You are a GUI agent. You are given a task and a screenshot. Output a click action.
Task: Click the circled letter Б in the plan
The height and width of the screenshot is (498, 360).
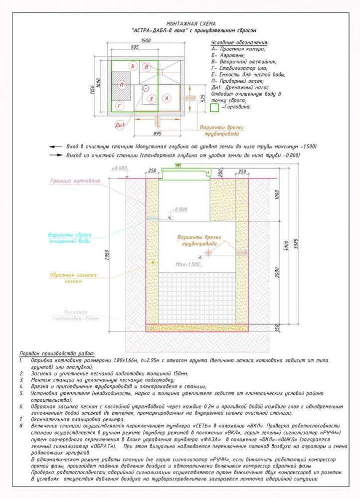pos(132,66)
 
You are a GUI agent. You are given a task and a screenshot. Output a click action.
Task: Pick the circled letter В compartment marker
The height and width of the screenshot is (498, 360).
pos(146,67)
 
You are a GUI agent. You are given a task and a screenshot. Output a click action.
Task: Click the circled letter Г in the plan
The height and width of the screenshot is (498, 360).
pos(120,106)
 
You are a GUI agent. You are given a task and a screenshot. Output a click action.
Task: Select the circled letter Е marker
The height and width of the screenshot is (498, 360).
pos(153,99)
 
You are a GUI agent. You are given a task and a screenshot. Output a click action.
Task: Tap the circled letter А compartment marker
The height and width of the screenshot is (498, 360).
pos(167,99)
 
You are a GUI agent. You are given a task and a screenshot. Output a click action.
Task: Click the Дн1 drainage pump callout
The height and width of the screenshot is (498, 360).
pos(120,125)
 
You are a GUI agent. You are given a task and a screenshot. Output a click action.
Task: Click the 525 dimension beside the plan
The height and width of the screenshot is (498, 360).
pos(202,98)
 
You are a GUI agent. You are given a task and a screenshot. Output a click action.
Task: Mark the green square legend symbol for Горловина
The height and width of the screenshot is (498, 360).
pos(214,107)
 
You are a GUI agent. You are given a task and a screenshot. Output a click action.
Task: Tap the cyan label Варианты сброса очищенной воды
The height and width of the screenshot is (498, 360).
pos(69,237)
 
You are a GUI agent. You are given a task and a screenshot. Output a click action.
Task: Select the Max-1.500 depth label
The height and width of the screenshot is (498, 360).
pos(187,264)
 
